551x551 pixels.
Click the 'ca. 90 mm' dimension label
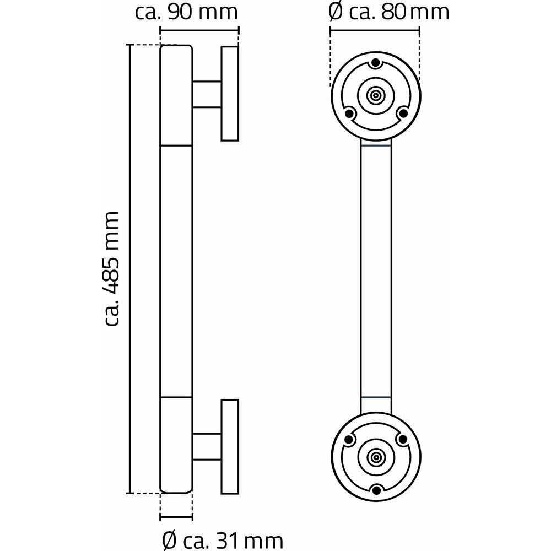point(187,12)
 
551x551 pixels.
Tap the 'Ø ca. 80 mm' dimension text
point(388,12)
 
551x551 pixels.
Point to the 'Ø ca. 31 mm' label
point(223,538)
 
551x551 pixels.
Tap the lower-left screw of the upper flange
point(349,114)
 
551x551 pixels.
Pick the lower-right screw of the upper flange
point(402,114)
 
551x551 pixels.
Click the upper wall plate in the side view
point(230,93)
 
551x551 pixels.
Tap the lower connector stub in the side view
point(207,446)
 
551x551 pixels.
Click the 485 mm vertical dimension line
point(130,268)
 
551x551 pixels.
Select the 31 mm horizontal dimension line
point(176,517)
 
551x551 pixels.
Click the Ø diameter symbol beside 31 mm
point(170,539)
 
